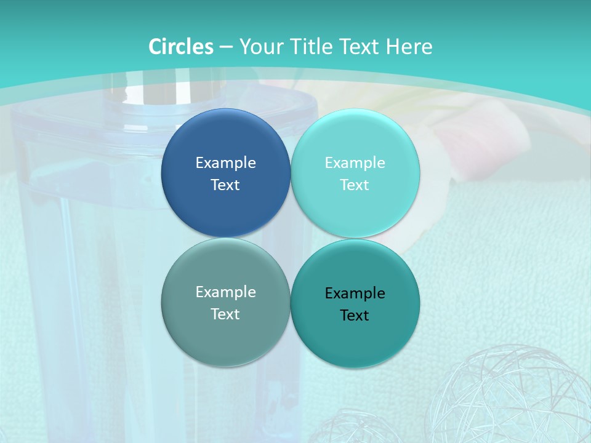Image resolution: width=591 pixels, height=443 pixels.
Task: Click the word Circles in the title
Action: coord(181,47)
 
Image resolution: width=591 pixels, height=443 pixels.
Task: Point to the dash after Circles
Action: coord(226,47)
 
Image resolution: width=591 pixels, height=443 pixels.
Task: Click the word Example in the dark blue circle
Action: coord(225,163)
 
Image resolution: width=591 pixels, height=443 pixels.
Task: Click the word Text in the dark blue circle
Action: coord(225,185)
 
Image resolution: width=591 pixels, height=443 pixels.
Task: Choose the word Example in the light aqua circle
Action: coord(355,163)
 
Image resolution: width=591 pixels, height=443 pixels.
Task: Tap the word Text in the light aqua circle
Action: coord(355,185)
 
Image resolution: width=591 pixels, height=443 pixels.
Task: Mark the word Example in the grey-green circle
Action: coord(225,292)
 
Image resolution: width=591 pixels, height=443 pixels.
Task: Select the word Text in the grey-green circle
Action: coord(225,314)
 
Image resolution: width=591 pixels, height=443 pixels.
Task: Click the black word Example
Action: coord(355,293)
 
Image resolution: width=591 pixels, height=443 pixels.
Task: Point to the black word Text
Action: coord(355,316)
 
